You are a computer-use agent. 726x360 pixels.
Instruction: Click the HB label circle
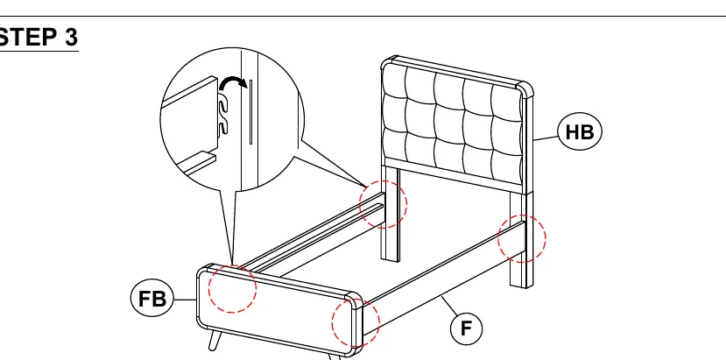pos(580,132)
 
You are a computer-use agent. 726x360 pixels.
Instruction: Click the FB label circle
pos(152,299)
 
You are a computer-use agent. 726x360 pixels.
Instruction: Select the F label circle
pos(466,328)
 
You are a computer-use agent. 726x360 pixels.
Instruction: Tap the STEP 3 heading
pos(39,38)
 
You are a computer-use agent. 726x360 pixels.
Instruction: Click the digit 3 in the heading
pos(71,38)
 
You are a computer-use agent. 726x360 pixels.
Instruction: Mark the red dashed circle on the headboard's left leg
pos(384,204)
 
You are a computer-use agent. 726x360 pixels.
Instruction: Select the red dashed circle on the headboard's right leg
pos(522,238)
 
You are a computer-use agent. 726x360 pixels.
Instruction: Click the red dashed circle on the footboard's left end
pos(232,289)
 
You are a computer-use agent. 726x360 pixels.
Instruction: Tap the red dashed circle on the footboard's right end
pos(356,323)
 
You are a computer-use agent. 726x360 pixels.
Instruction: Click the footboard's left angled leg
pos(214,341)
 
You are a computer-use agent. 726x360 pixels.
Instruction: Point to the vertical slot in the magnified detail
pos(251,112)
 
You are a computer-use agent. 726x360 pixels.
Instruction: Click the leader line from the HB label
pos(546,138)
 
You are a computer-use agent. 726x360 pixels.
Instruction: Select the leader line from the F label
pos(448,306)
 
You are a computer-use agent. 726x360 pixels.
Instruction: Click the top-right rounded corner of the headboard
pos(525,88)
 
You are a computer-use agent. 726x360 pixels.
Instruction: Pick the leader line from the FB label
pos(185,300)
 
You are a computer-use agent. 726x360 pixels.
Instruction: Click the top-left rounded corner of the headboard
pos(389,61)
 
